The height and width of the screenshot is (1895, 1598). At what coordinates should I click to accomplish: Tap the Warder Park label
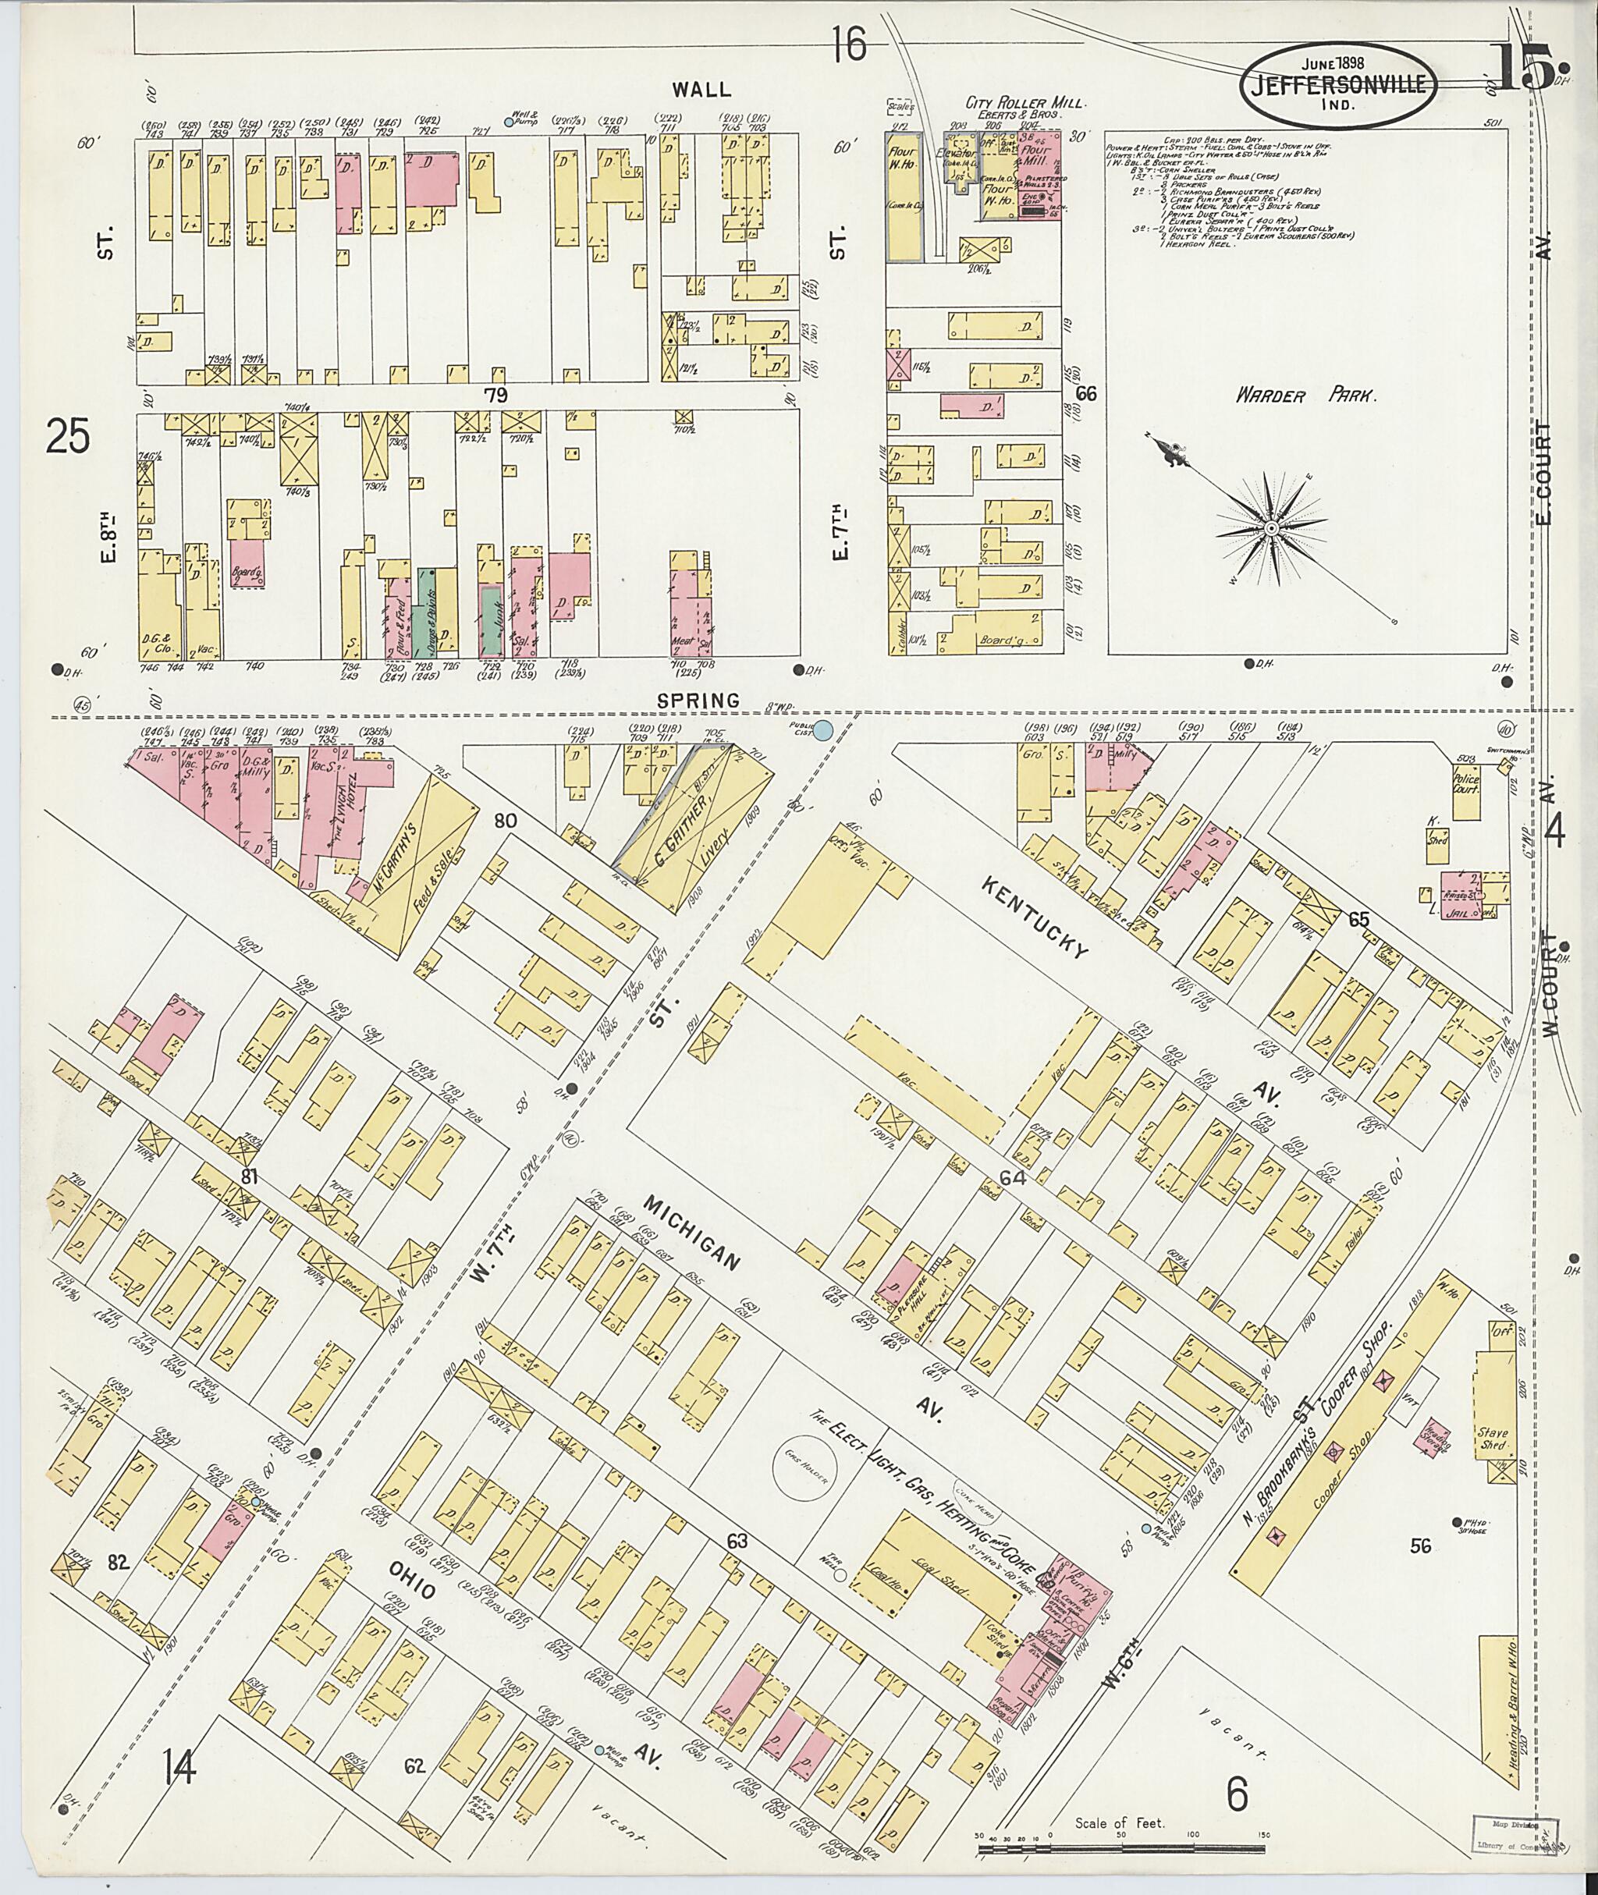click(1307, 396)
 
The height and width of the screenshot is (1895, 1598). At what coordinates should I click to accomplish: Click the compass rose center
click(1271, 527)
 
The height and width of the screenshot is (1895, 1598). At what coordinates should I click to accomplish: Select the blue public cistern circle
click(822, 729)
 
